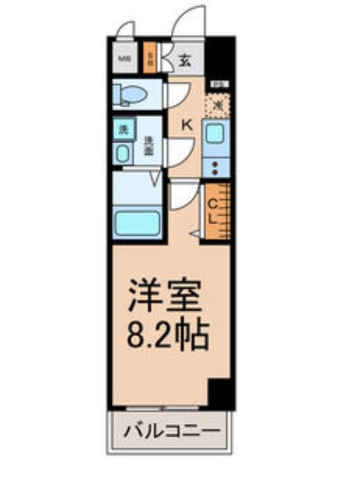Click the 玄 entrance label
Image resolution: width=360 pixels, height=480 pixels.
(x=186, y=59)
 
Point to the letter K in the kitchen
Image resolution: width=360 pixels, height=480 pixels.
(x=186, y=124)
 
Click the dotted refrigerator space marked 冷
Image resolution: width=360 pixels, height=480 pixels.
(x=217, y=104)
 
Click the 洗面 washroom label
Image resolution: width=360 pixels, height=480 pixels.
(x=148, y=144)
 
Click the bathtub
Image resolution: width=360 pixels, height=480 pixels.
(x=137, y=223)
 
